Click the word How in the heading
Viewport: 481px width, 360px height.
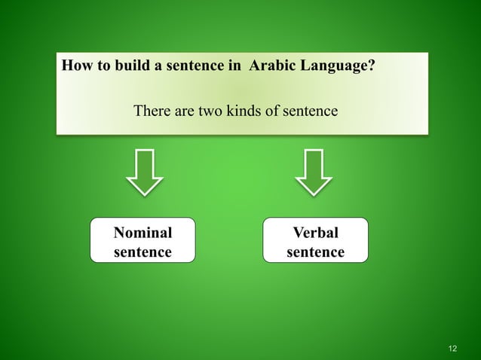pyautogui.click(x=75, y=66)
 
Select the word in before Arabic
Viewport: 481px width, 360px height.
pyautogui.click(x=232, y=66)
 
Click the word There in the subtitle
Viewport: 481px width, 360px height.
pyautogui.click(x=152, y=111)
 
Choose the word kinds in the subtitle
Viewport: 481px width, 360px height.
pyautogui.click(x=246, y=111)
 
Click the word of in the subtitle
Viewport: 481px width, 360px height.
pyautogui.click(x=275, y=111)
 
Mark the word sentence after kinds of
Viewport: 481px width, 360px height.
pyautogui.click(x=311, y=111)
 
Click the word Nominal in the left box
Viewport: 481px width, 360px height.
pyautogui.click(x=142, y=232)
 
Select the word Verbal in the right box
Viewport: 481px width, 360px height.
pyautogui.click(x=315, y=232)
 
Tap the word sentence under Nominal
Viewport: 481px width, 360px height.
pyautogui.click(x=142, y=252)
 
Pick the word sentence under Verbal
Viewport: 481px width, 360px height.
pyautogui.click(x=315, y=252)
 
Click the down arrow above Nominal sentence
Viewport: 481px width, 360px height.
pyautogui.click(x=144, y=172)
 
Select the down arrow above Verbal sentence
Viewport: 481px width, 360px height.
pyautogui.click(x=314, y=172)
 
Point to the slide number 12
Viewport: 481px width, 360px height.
pyautogui.click(x=452, y=347)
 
